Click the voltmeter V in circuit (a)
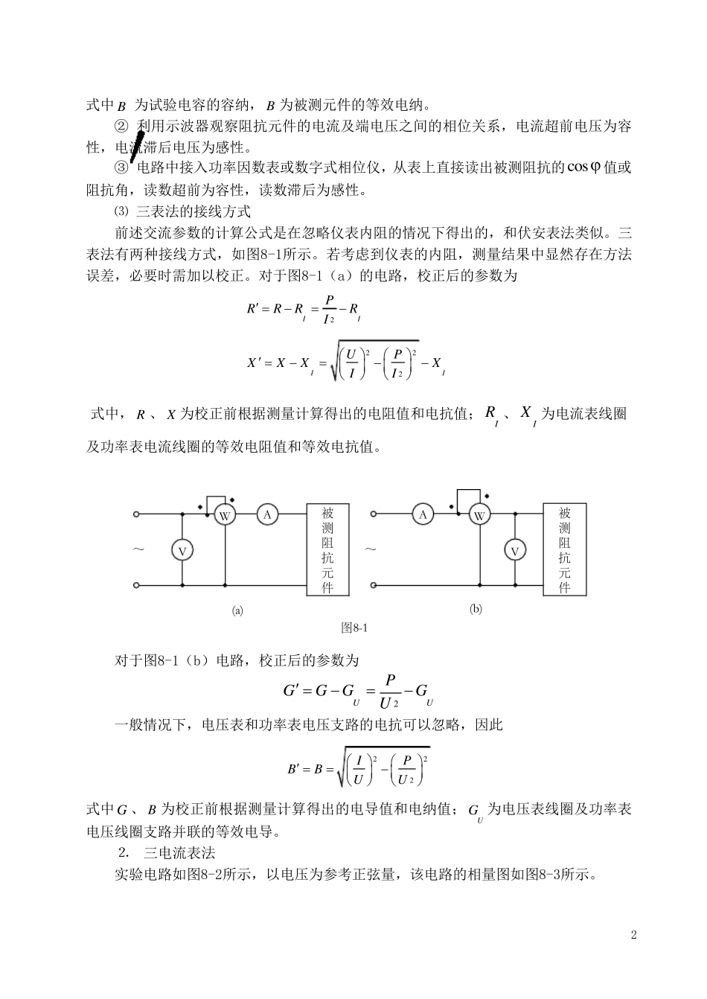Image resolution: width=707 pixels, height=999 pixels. (182, 550)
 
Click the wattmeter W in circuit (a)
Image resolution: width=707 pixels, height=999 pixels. (225, 515)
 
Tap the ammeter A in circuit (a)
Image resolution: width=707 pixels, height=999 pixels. (267, 514)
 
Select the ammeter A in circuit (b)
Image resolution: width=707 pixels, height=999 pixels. (423, 514)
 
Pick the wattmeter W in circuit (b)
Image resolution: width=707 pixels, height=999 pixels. (479, 515)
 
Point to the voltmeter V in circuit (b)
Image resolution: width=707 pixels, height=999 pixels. (514, 551)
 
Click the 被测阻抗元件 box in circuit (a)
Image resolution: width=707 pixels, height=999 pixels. (327, 549)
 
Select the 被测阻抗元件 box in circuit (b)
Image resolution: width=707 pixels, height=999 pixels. (565, 549)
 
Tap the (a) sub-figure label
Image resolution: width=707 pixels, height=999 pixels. (237, 610)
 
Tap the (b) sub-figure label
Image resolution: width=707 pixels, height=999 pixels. (476, 608)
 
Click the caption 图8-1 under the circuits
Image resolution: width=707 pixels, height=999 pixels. (354, 628)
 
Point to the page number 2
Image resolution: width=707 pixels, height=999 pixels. (634, 935)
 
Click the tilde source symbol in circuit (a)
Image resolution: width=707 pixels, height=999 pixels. (138, 549)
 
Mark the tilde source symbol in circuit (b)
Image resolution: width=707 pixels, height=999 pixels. (371, 549)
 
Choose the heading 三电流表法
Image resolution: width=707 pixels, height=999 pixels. (179, 852)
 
